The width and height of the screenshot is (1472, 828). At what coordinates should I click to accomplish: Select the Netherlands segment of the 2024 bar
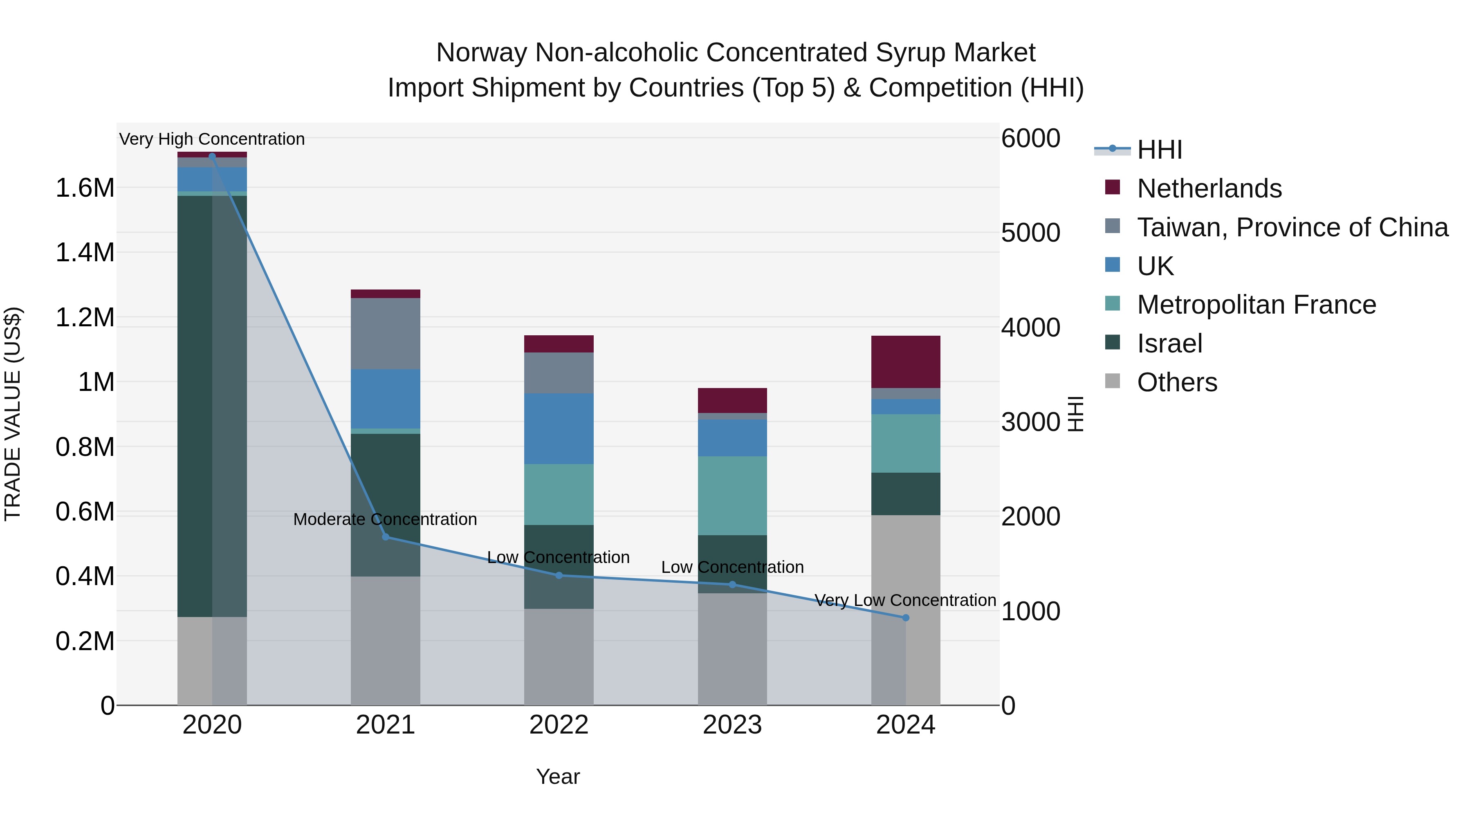[x=905, y=362]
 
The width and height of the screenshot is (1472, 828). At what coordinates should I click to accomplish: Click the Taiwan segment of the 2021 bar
[x=385, y=333]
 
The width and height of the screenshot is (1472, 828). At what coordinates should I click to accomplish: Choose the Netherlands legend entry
[x=1209, y=188]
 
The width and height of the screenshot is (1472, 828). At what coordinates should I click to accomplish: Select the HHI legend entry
[x=1159, y=150]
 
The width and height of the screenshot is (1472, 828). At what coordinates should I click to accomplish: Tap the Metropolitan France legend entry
[x=1256, y=305]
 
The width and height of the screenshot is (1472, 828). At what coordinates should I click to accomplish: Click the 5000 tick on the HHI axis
[x=1030, y=233]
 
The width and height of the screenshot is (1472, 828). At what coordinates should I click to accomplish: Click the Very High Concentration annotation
[x=212, y=139]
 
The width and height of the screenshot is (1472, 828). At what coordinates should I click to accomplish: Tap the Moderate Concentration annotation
[x=385, y=519]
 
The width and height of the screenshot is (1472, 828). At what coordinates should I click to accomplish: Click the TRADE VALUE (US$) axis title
[x=13, y=414]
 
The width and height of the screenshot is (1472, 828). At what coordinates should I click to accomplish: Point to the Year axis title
[x=558, y=776]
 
